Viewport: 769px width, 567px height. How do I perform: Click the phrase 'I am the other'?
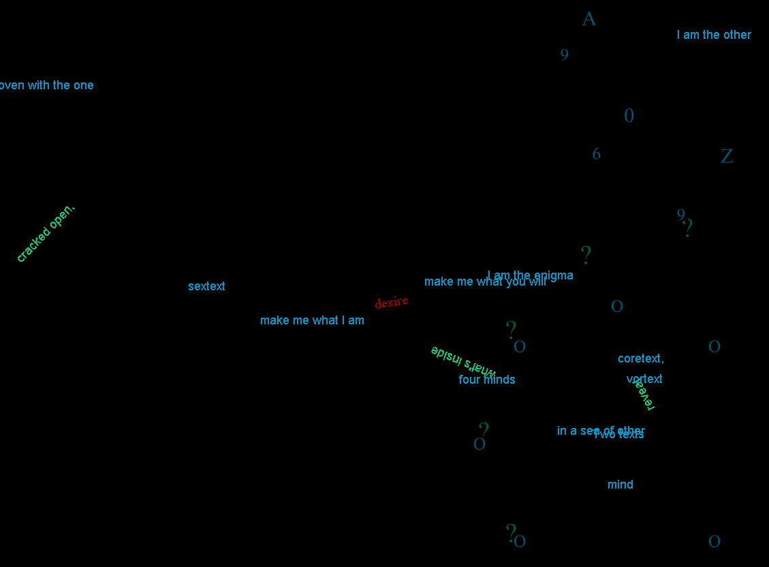714,35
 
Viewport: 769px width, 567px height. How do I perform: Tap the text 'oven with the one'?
46,85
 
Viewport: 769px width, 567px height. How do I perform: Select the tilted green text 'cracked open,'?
46,233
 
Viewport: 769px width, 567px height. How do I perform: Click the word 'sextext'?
206,286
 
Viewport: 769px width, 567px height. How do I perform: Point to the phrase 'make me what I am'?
312,320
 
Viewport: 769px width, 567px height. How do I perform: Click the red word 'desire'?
392,302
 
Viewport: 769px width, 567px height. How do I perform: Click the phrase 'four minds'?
486,380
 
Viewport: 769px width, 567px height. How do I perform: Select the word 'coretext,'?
640,358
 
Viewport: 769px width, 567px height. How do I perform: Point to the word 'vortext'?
644,379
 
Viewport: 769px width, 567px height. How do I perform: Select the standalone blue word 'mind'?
621,485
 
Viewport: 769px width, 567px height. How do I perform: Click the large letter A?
589,19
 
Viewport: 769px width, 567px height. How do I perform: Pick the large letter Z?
727,157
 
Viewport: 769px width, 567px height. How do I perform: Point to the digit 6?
597,155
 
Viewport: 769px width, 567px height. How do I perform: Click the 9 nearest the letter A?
565,55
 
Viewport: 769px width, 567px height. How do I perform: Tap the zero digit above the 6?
629,116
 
